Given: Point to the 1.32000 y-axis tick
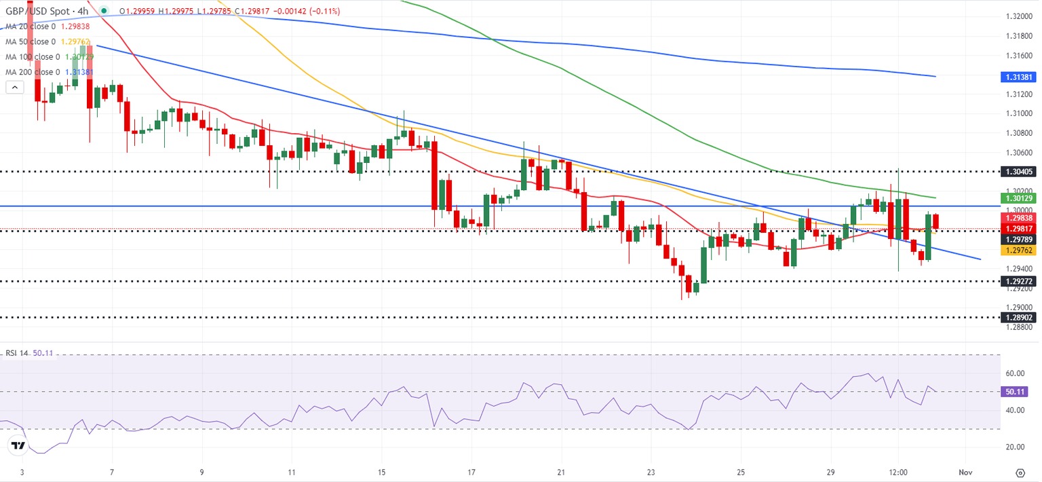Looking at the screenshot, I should (x=1020, y=16).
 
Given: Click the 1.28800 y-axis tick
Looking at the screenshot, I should (x=1020, y=327).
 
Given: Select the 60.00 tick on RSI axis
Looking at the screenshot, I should (x=1015, y=373).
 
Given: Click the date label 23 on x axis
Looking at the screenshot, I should (x=651, y=472).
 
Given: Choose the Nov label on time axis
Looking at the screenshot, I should (x=967, y=472).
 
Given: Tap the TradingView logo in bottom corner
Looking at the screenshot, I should (x=18, y=446).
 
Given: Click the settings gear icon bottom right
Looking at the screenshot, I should (x=1020, y=472).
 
